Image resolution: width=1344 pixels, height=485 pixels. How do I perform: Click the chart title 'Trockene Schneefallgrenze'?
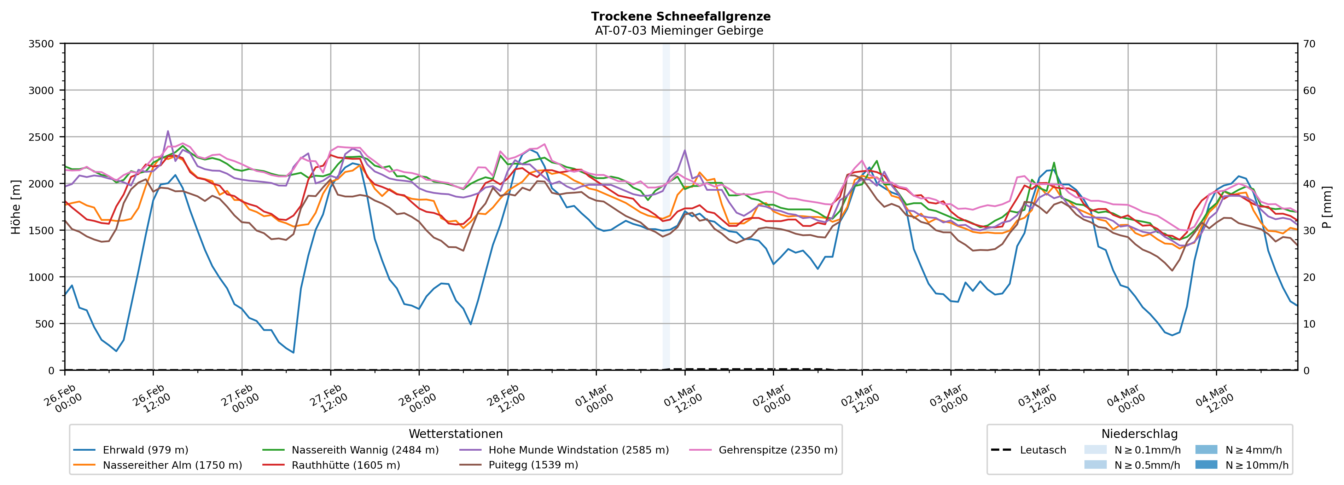coord(680,16)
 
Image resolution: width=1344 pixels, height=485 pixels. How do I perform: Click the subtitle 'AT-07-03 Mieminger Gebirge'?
coord(679,31)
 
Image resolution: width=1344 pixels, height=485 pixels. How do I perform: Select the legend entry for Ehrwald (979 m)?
coord(145,450)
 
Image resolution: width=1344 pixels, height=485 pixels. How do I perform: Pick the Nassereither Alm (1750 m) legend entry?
coord(172,465)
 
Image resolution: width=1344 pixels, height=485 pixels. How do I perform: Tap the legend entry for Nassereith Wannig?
coord(365,450)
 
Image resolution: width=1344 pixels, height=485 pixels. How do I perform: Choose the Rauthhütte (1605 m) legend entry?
coord(345,465)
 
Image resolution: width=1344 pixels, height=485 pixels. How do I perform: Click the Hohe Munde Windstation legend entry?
coord(578,450)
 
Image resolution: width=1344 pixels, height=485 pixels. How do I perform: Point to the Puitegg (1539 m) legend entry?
coord(533,465)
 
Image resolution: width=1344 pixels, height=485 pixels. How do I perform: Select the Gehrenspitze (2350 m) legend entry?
coord(778,450)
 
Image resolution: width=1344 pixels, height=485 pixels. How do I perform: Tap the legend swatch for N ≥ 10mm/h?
coord(1206,464)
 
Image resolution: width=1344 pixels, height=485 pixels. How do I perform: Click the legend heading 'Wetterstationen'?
coord(455,434)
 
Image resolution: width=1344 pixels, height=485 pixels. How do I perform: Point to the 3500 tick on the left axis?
coord(41,44)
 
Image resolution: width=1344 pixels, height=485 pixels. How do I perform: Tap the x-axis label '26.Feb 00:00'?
coord(63,399)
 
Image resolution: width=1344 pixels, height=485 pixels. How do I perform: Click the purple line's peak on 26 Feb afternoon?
coord(168,131)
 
